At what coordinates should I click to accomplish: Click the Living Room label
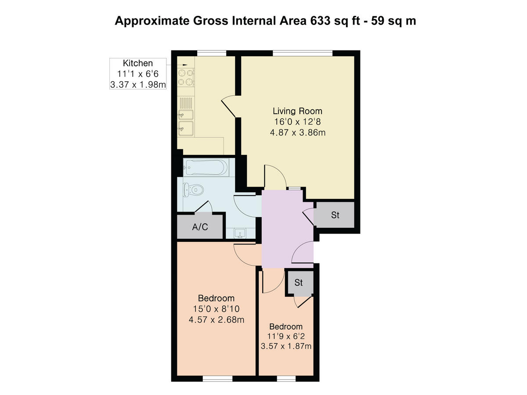[x=298, y=111]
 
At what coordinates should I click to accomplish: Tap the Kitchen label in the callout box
[x=138, y=63]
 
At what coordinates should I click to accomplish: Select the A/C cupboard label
[x=200, y=227]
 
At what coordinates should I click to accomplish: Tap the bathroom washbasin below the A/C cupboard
[x=240, y=233]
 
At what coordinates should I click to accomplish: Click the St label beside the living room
[x=336, y=215]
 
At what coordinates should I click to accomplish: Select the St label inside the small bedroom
[x=299, y=283]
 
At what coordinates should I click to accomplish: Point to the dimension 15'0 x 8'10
[x=216, y=309]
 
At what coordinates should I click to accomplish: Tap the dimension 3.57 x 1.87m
[x=286, y=347]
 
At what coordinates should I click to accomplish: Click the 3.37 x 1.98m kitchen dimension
[x=138, y=85]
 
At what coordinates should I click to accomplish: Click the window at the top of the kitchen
[x=211, y=54]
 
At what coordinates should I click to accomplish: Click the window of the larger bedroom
[x=217, y=378]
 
